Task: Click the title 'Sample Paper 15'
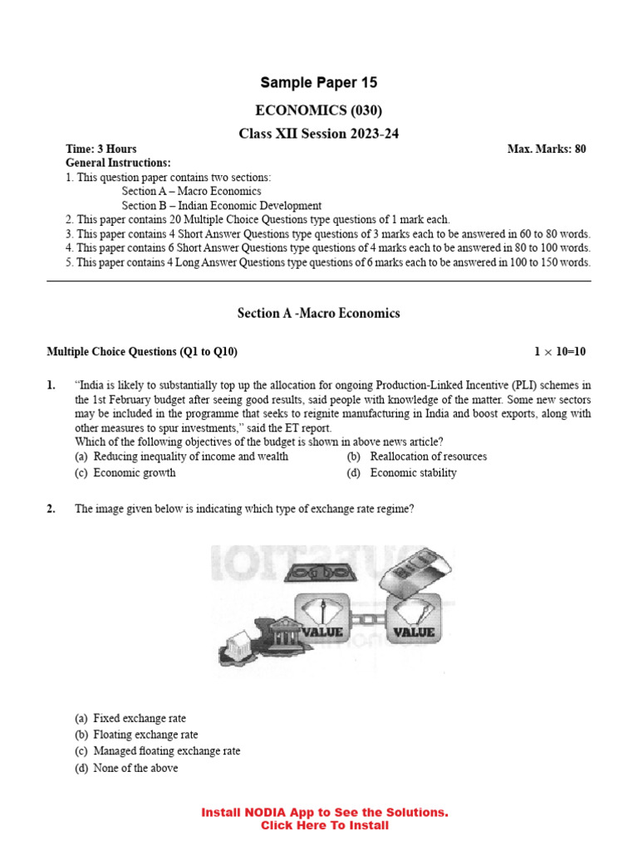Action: [x=319, y=82]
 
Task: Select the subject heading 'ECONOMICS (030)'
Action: [x=319, y=110]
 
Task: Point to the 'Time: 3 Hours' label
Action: [x=101, y=149]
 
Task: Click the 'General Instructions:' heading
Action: [x=118, y=164]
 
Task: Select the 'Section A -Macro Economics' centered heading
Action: [x=319, y=313]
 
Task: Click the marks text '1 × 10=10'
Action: [x=559, y=352]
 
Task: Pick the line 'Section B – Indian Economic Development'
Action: [x=222, y=206]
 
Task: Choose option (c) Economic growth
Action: [x=134, y=473]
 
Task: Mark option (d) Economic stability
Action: [x=413, y=473]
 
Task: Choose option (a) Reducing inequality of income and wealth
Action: [x=190, y=457]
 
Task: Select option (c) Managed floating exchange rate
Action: [x=166, y=751]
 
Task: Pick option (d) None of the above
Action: [x=135, y=768]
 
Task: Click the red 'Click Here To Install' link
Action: [x=324, y=826]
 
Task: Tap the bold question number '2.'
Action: [x=52, y=510]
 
